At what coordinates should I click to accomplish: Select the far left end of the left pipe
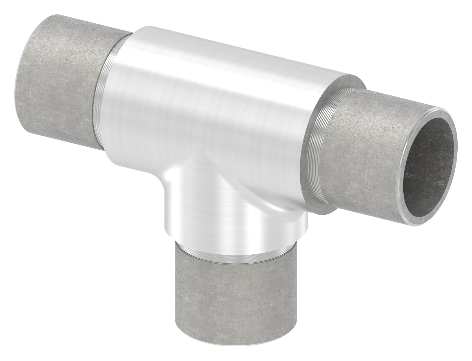click(20, 84)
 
